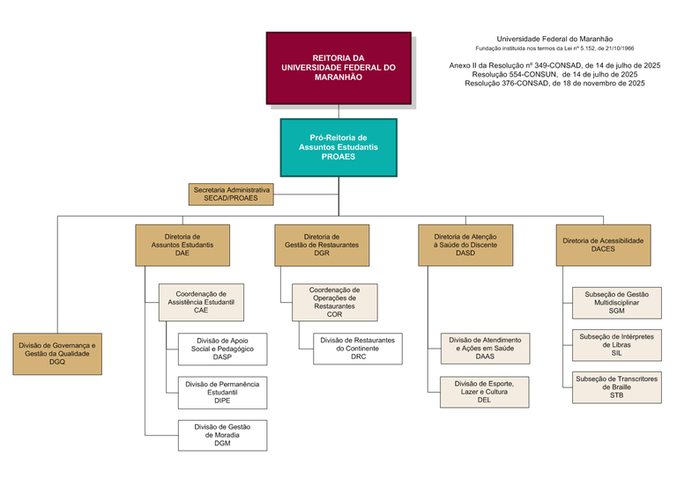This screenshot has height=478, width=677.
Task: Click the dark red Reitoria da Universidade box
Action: (x=338, y=68)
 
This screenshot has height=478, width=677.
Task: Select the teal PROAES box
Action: (x=338, y=147)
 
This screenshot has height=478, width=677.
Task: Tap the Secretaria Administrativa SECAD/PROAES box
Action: (x=232, y=195)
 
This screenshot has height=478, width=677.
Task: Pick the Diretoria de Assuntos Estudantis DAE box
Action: (x=182, y=245)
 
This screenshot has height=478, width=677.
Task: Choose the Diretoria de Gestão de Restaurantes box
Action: (x=321, y=245)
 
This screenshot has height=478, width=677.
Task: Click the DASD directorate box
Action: (x=465, y=245)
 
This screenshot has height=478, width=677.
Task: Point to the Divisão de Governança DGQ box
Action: (x=57, y=354)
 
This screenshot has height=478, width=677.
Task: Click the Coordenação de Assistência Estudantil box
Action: (x=201, y=302)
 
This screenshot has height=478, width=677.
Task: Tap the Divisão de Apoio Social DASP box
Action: (x=222, y=349)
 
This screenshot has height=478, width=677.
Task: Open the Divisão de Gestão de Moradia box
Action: (x=222, y=435)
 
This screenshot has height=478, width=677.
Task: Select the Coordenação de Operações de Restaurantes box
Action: (x=334, y=302)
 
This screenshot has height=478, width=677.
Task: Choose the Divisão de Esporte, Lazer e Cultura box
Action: (x=485, y=392)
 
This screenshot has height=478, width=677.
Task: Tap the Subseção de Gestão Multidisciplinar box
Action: (x=616, y=302)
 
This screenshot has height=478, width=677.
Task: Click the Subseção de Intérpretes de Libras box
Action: (x=616, y=345)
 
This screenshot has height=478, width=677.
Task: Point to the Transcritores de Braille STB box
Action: (x=616, y=388)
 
